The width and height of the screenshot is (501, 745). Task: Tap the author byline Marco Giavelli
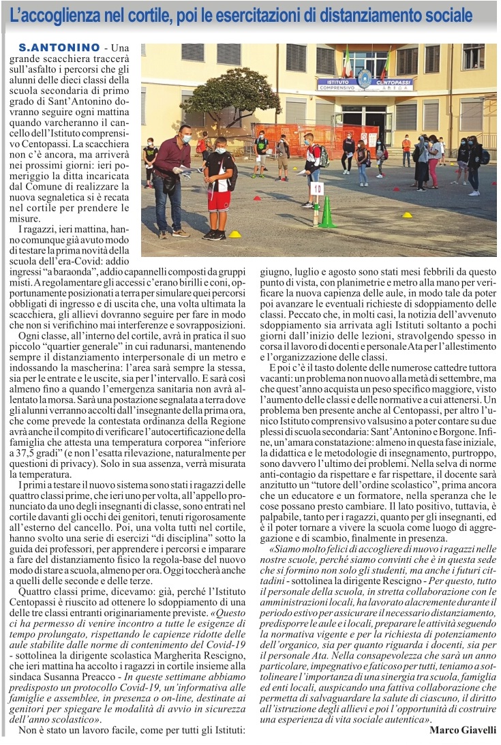(463, 730)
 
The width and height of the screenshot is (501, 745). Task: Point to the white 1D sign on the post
(316, 187)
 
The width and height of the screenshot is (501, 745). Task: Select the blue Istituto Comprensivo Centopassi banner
(365, 85)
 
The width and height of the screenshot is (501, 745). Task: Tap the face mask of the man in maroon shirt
(185, 138)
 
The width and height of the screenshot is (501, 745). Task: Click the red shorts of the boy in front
(219, 201)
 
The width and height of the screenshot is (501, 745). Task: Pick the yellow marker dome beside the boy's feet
(234, 234)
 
